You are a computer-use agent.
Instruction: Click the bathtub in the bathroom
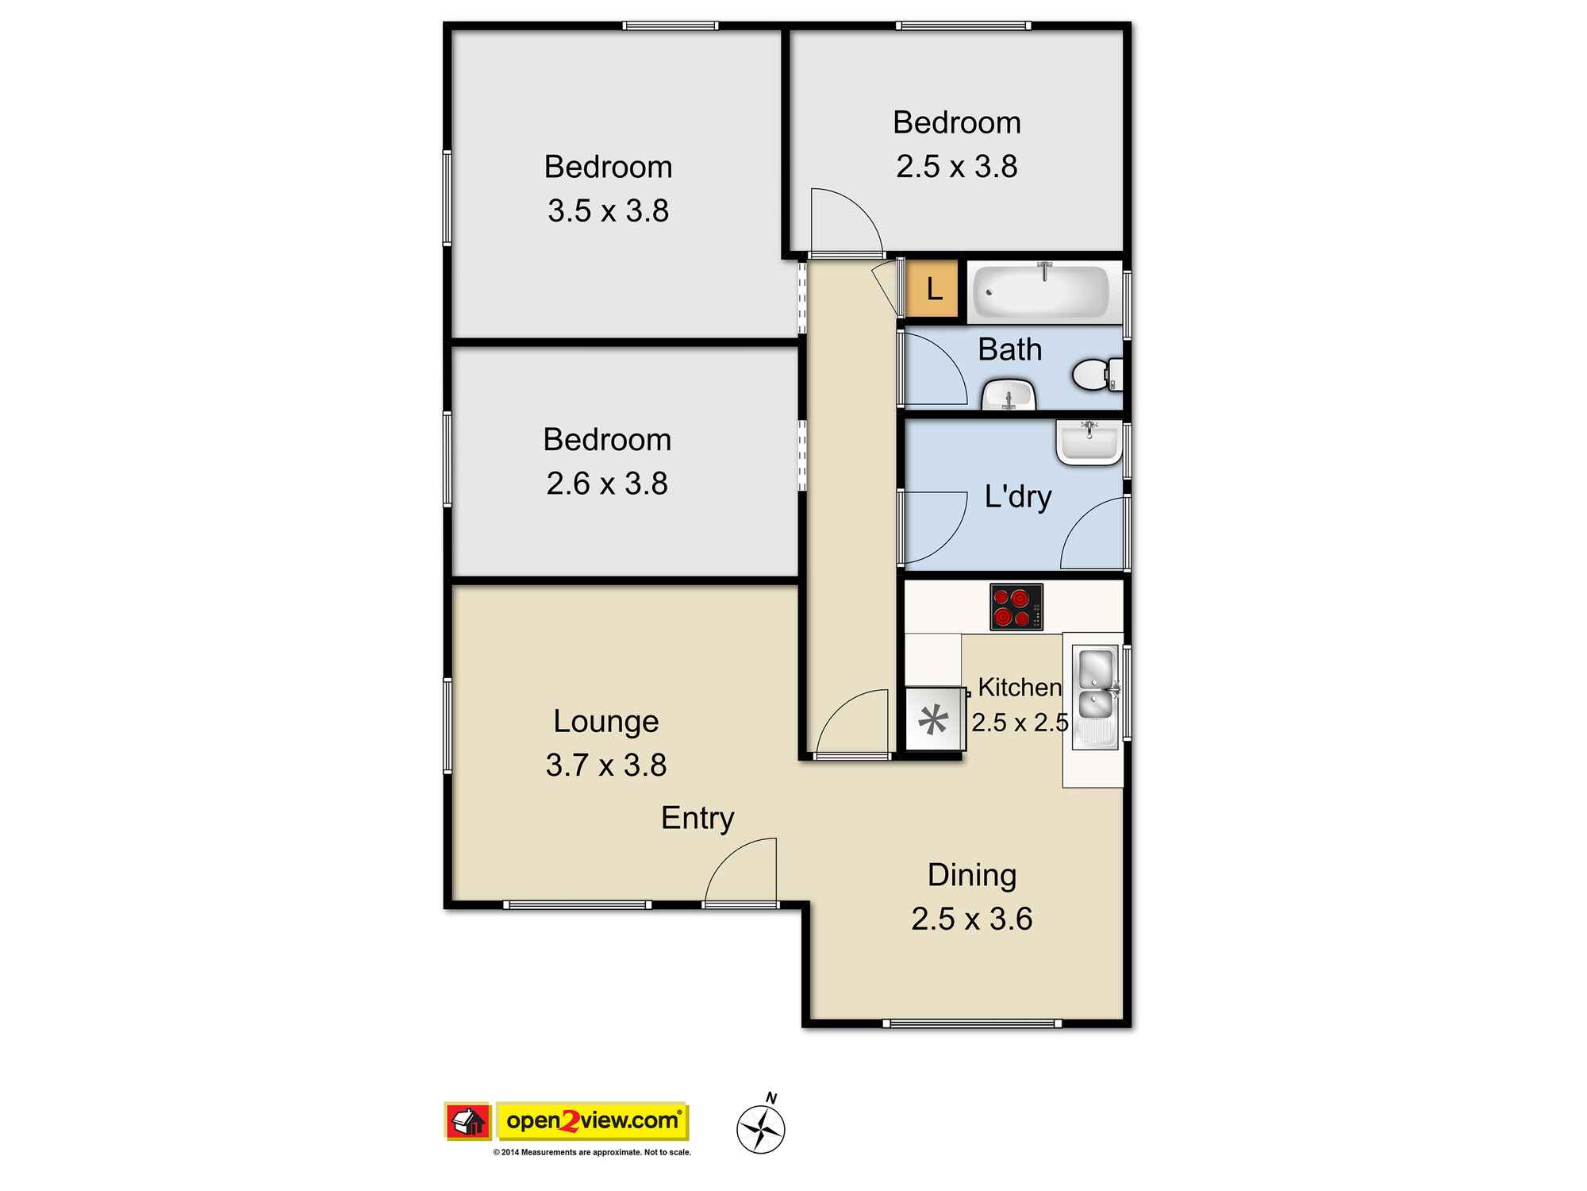(1040, 291)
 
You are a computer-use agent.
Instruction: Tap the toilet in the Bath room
(1096, 375)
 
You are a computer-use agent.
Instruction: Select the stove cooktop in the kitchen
(1016, 607)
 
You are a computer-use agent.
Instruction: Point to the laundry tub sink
(1088, 444)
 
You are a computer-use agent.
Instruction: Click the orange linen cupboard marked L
(933, 289)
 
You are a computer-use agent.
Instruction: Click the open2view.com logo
(592, 1121)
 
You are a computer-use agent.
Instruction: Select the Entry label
(697, 818)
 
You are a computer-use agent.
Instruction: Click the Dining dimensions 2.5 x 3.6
(971, 919)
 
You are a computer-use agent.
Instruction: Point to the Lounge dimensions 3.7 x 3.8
(606, 765)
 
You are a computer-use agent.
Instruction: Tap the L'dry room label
(1017, 497)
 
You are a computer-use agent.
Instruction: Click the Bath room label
(1009, 350)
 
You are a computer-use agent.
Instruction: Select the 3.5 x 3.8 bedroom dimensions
(608, 211)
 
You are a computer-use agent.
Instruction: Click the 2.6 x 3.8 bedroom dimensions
(607, 484)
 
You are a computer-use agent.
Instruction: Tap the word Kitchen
(1019, 687)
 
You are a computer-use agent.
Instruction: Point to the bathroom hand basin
(1009, 395)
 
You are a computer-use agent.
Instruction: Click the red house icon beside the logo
(468, 1121)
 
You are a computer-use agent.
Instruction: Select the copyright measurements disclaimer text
(592, 1152)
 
